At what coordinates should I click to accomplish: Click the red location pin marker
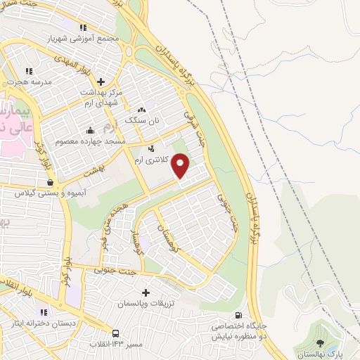tap(181, 166)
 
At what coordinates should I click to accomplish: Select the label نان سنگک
tap(142, 121)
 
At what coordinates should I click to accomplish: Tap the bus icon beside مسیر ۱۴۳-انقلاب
tap(114, 333)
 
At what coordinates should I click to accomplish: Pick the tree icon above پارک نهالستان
tap(321, 343)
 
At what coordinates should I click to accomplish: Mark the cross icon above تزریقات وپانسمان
tap(146, 292)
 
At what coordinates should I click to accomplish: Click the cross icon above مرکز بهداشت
tap(101, 81)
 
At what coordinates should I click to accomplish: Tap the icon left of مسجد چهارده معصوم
tap(90, 131)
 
